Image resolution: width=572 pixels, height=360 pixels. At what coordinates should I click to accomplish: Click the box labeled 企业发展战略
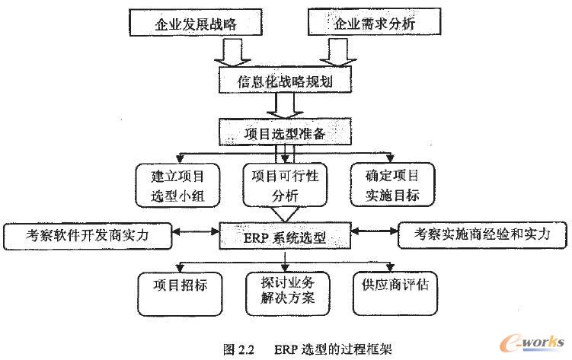pyautogui.click(x=196, y=24)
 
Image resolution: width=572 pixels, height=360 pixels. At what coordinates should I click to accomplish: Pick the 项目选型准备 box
pyautogui.click(x=285, y=134)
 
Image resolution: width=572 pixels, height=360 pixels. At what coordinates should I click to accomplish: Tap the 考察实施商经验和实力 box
pyautogui.click(x=484, y=235)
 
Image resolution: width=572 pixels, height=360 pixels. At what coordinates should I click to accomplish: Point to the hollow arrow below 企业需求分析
pyautogui.click(x=335, y=51)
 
